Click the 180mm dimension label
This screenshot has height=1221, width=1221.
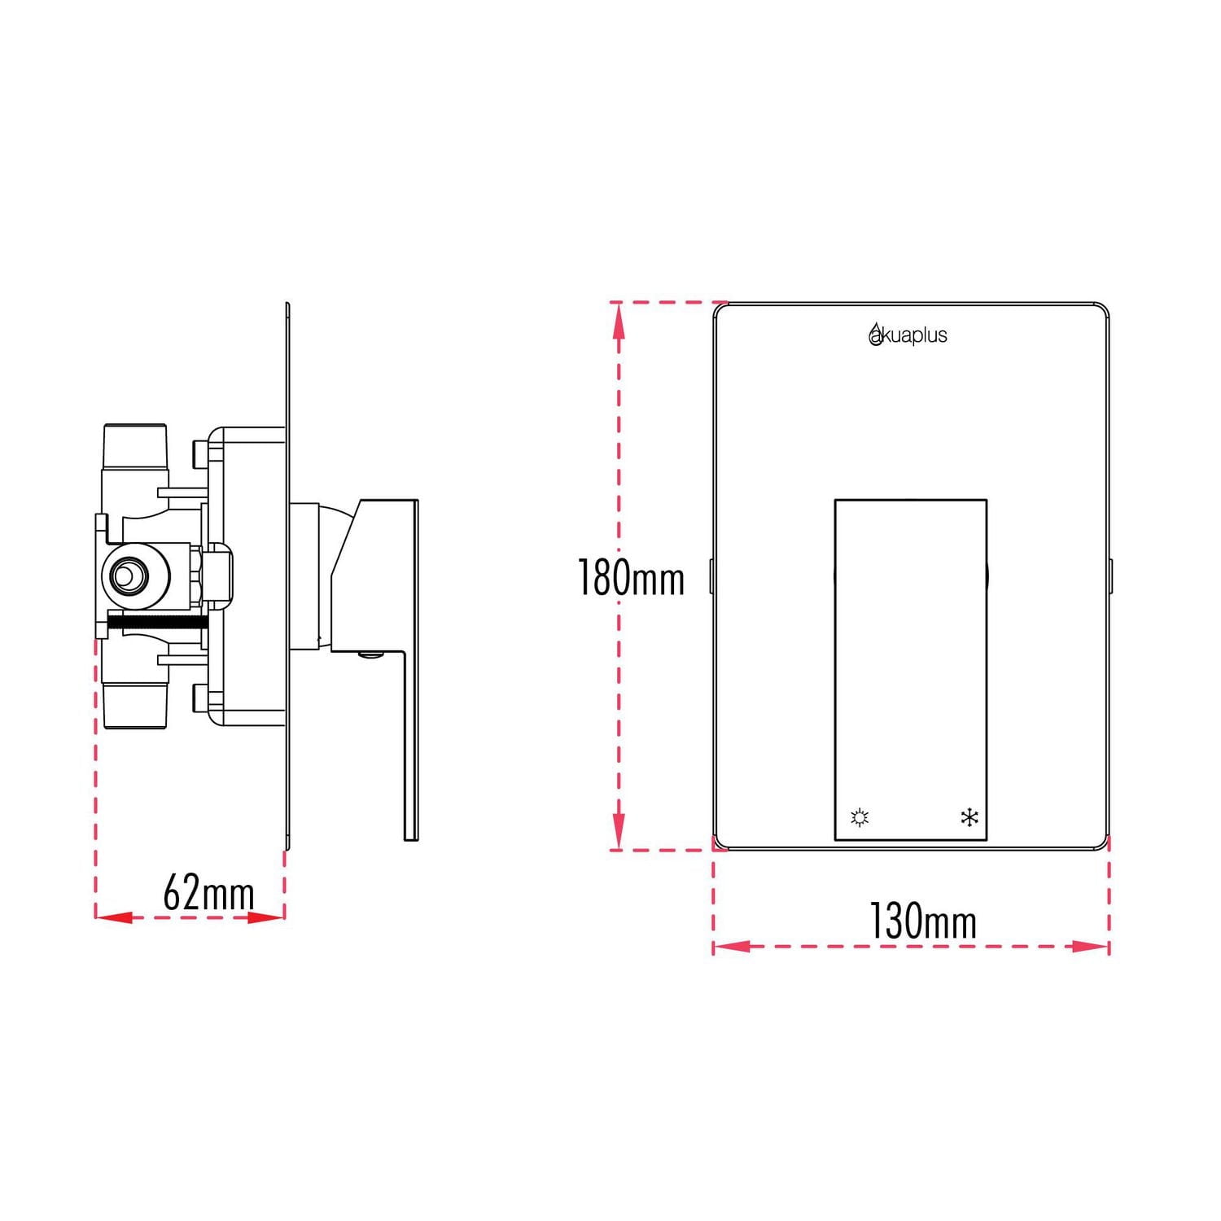point(631,578)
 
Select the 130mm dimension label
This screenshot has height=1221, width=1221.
point(922,921)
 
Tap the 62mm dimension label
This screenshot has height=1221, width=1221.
point(208,892)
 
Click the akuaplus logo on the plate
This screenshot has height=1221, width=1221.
point(908,335)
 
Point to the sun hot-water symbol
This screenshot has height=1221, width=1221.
point(860,816)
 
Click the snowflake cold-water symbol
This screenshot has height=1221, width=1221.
point(969,816)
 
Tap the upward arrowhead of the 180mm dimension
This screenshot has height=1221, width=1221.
point(619,322)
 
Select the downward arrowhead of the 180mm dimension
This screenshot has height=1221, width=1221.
point(619,830)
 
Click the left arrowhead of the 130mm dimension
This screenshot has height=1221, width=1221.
point(731,947)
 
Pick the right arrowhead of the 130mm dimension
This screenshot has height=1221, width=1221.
point(1091,947)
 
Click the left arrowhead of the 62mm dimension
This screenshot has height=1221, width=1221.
point(114,917)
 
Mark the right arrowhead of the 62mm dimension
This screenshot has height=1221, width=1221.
point(266,917)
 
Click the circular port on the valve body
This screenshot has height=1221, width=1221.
point(126,576)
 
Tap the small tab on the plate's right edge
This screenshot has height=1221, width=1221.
point(1111,575)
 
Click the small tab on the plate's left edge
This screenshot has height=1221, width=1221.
point(711,575)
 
